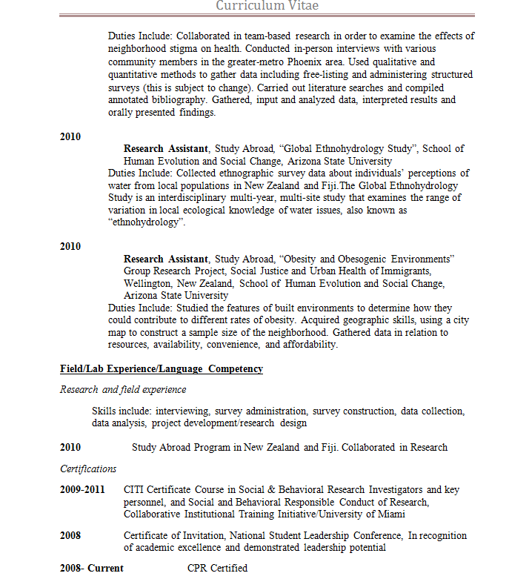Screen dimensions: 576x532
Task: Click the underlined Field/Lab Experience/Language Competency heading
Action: [x=162, y=368]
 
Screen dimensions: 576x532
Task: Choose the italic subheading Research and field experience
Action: [x=123, y=390]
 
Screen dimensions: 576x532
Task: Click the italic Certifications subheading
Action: [x=88, y=469]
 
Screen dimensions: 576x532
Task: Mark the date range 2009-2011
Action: [x=82, y=490]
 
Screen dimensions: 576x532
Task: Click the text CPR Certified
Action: [x=217, y=569]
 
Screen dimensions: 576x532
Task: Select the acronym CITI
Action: [x=136, y=490]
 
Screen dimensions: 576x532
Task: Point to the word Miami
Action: [x=389, y=514]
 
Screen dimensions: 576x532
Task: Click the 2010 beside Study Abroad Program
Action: [x=70, y=448]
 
